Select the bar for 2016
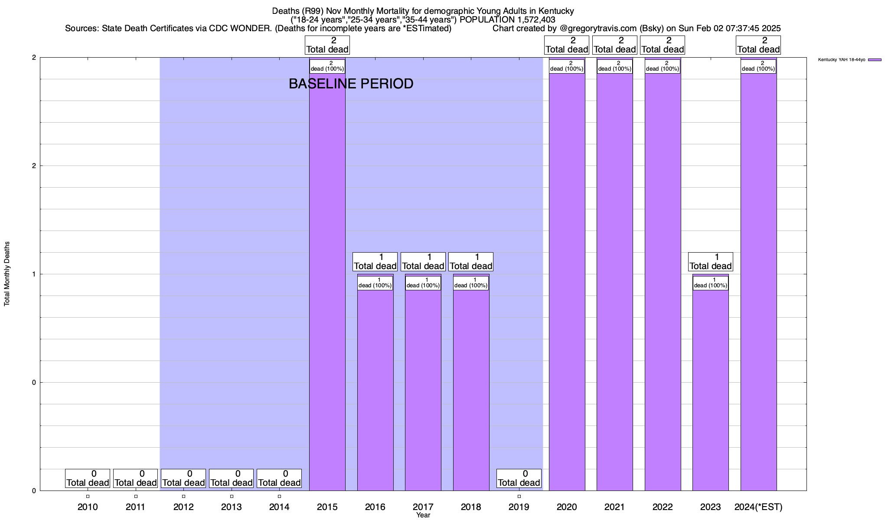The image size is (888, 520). point(375,390)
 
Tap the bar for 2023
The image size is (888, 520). point(710,390)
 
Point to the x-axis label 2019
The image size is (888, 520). point(519,507)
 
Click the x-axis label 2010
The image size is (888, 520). point(88,507)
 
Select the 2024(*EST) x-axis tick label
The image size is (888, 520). point(758,507)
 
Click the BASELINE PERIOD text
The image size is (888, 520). point(351,84)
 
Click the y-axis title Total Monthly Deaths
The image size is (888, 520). point(7,274)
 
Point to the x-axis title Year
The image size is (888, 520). point(423,515)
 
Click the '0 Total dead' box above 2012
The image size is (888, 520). point(183,478)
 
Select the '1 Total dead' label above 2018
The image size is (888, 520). point(471,262)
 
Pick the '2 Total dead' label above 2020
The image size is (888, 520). point(567,45)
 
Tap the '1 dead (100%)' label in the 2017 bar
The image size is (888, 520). point(423,283)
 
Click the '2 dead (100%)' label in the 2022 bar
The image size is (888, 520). point(663,66)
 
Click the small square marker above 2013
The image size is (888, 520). point(232,496)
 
